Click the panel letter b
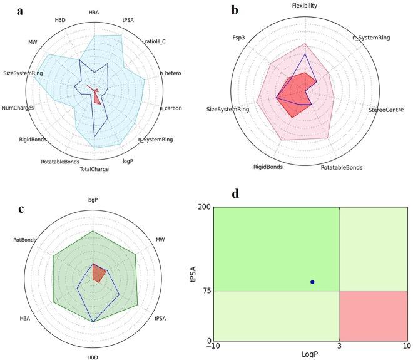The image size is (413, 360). (x=235, y=10)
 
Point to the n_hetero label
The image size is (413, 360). (x=170, y=73)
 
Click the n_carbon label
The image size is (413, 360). (x=171, y=108)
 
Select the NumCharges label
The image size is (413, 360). (x=18, y=108)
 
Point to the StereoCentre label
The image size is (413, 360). (x=385, y=111)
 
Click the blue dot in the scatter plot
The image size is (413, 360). (x=312, y=282)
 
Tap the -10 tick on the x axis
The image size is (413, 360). (x=214, y=346)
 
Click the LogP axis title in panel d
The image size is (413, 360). (x=309, y=355)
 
